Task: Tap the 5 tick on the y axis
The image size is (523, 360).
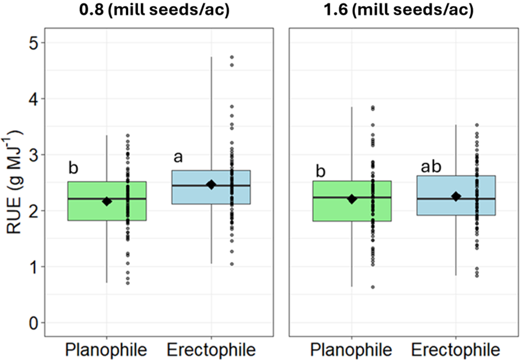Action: [x=33, y=43]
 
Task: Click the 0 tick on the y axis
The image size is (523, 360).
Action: [x=33, y=323]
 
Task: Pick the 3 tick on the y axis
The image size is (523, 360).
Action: [x=33, y=155]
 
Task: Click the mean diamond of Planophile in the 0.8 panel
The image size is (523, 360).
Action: [x=107, y=201]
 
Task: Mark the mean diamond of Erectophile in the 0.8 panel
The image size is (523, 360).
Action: [x=211, y=185]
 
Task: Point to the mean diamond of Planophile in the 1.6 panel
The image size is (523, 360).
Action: [x=351, y=199]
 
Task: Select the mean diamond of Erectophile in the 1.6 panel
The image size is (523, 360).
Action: [x=456, y=196]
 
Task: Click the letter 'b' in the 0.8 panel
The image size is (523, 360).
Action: [x=73, y=168]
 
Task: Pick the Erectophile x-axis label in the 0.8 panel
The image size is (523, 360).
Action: [x=211, y=350]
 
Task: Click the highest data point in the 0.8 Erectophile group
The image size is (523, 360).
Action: [x=232, y=57]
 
